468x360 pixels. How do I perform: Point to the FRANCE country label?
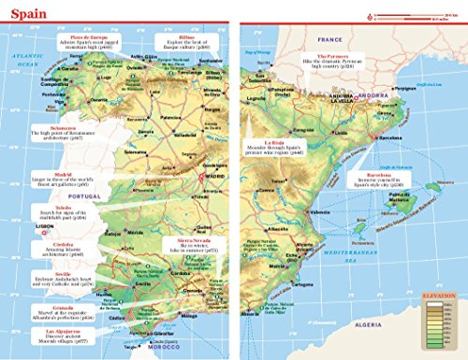point(330,40)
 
